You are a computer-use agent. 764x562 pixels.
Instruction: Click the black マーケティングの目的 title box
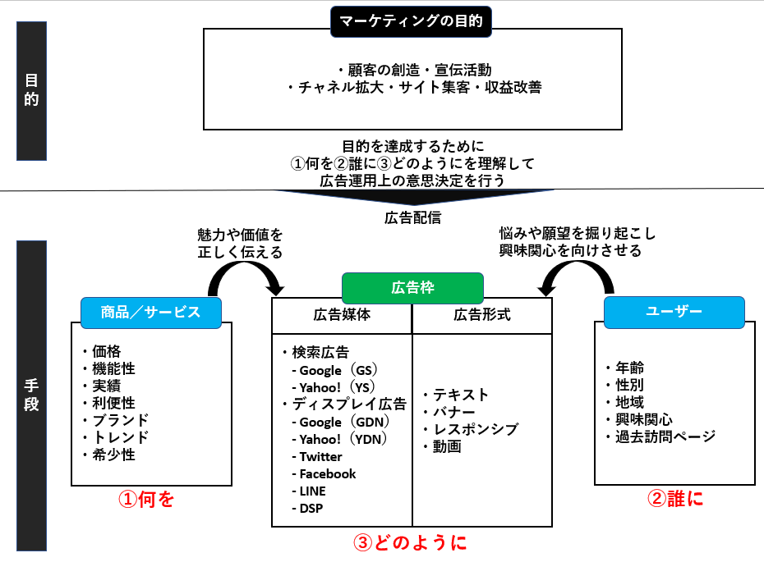pos(411,21)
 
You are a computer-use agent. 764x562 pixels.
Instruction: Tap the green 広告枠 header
pos(412,288)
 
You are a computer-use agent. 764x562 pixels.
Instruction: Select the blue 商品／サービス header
pos(151,313)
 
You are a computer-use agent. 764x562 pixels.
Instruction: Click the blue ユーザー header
pos(674,312)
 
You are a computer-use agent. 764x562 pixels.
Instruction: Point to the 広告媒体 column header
pos(342,315)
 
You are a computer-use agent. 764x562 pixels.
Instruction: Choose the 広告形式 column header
pos(482,315)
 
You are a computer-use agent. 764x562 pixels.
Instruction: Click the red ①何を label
pos(146,499)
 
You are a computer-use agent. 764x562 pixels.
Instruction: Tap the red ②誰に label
pos(675,498)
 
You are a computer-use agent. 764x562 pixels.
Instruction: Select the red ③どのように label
pos(410,542)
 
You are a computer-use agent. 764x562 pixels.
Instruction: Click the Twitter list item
pos(317,457)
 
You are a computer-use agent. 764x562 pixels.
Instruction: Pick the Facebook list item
pos(324,474)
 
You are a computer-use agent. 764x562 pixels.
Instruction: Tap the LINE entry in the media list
pos(309,491)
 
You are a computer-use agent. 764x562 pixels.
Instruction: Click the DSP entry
pos(307,509)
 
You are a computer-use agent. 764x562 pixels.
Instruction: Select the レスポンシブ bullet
pos(471,429)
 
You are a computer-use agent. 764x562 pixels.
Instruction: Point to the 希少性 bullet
pos(108,455)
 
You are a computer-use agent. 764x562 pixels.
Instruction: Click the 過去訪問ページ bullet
pos(660,436)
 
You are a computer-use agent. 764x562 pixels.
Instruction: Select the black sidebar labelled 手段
pos(32,395)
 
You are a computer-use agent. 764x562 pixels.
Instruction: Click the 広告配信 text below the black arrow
pos(412,217)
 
